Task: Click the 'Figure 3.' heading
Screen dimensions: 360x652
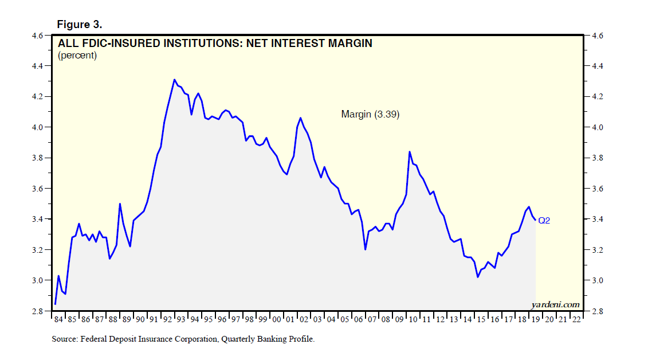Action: pyautogui.click(x=79, y=25)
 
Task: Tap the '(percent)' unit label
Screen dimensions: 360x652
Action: pyautogui.click(x=77, y=56)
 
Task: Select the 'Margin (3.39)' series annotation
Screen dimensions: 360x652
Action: pyautogui.click(x=370, y=115)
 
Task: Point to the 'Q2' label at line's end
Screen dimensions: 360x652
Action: pyautogui.click(x=544, y=220)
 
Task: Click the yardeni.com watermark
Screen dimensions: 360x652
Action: pyautogui.click(x=556, y=304)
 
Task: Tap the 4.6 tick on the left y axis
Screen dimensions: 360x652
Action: pyautogui.click(x=37, y=36)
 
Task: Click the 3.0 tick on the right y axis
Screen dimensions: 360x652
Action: pyautogui.click(x=598, y=280)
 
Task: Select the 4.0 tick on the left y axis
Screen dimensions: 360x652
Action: pyautogui.click(x=37, y=127)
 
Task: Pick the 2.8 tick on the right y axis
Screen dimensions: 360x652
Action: pyautogui.click(x=598, y=311)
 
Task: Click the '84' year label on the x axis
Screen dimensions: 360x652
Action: pyautogui.click(x=58, y=319)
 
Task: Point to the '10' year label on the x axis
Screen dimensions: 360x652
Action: pyautogui.click(x=413, y=319)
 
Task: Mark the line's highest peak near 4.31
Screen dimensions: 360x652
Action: pyautogui.click(x=174, y=80)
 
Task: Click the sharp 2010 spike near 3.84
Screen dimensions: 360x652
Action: pyautogui.click(x=409, y=151)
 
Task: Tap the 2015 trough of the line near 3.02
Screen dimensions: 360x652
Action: pyautogui.click(x=478, y=277)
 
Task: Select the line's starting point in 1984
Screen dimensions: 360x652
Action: pyautogui.click(x=55, y=304)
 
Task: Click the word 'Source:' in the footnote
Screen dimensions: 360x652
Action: pyautogui.click(x=65, y=339)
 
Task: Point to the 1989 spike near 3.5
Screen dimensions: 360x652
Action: pyautogui.click(x=120, y=204)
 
